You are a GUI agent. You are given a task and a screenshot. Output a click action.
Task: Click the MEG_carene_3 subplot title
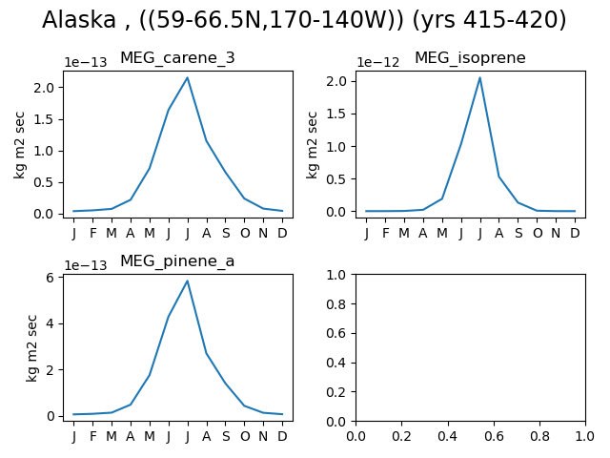pyautogui.click(x=177, y=58)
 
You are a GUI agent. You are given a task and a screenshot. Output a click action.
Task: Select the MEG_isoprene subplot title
pyautogui.click(x=470, y=58)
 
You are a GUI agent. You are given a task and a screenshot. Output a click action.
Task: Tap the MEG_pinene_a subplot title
pyautogui.click(x=177, y=261)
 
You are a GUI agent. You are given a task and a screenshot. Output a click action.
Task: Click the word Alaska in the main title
pyautogui.click(x=79, y=20)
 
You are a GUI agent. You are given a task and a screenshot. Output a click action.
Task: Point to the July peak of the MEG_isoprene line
pyautogui.click(x=479, y=77)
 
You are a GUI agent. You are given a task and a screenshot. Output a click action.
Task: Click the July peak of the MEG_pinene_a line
pyautogui.click(x=187, y=281)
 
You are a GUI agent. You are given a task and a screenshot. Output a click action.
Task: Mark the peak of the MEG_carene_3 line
pyautogui.click(x=187, y=77)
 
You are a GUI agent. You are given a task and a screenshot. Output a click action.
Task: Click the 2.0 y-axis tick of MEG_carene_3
pyautogui.click(x=44, y=88)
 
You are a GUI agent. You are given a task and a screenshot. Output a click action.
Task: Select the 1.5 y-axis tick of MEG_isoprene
pyautogui.click(x=336, y=114)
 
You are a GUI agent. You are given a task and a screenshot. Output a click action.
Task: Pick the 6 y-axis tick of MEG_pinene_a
pyautogui.click(x=50, y=278)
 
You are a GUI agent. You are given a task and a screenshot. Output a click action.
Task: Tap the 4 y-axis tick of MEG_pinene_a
pyautogui.click(x=50, y=324)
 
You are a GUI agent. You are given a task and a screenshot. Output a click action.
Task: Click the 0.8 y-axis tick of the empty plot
pyautogui.click(x=336, y=304)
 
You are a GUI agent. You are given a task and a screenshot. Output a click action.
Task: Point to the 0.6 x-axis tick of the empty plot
pyautogui.click(x=494, y=436)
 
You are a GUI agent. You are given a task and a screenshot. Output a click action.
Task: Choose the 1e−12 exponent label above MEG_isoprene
pyautogui.click(x=378, y=62)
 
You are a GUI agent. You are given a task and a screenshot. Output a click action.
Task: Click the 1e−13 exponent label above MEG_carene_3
pyautogui.click(x=86, y=62)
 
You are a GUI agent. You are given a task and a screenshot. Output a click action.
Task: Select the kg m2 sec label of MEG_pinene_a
pyautogui.click(x=31, y=348)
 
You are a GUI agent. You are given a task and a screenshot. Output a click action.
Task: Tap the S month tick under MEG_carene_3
pyautogui.click(x=226, y=233)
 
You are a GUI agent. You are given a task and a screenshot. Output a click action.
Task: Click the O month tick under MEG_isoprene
pyautogui.click(x=538, y=233)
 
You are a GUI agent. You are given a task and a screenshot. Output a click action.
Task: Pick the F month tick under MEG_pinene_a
pyautogui.click(x=92, y=436)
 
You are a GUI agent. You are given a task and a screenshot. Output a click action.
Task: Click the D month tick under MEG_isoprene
pyautogui.click(x=575, y=233)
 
